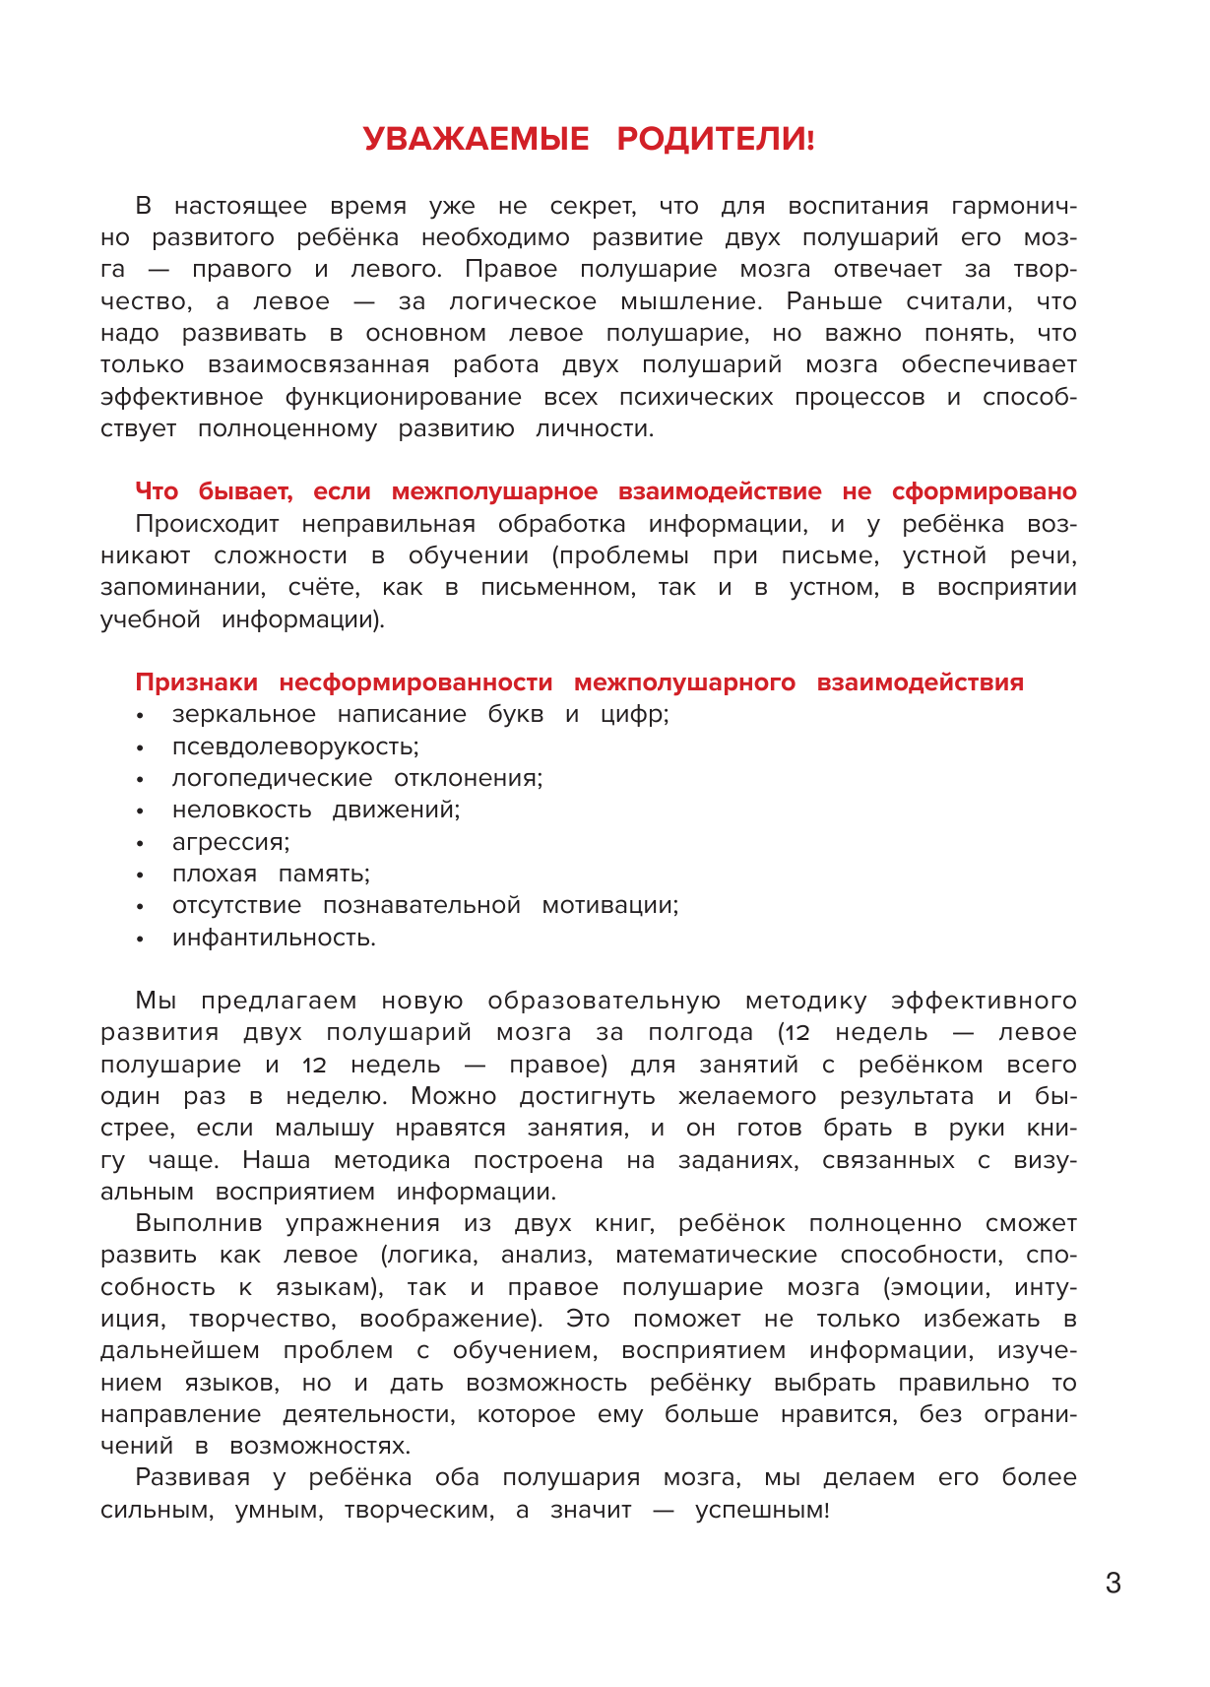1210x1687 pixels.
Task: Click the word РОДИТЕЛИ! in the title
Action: click(716, 139)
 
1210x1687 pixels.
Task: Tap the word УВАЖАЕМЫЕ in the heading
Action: click(476, 139)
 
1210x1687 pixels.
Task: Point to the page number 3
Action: click(1114, 1584)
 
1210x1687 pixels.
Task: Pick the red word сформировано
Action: click(984, 491)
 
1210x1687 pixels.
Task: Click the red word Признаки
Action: click(196, 682)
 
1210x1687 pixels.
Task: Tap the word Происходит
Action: click(207, 524)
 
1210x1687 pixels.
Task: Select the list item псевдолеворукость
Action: click(295, 746)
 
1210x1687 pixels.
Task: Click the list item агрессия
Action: click(230, 842)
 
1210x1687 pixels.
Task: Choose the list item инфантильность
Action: click(274, 938)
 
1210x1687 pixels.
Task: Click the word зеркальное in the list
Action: click(243, 715)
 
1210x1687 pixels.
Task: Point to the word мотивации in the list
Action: click(610, 905)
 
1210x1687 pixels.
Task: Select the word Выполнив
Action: click(199, 1224)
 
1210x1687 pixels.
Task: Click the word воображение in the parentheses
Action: click(450, 1319)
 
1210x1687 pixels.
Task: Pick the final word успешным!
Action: click(762, 1510)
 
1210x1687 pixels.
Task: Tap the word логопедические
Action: click(272, 778)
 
